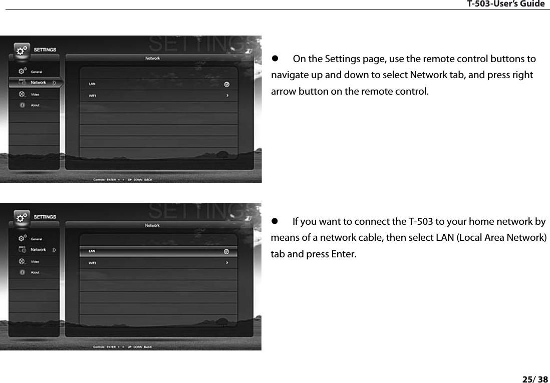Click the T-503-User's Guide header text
click(505, 4)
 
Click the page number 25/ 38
click(535, 379)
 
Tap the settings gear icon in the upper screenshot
click(21, 51)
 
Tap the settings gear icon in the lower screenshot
click(21, 218)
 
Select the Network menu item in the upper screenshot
click(38, 83)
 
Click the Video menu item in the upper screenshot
click(35, 94)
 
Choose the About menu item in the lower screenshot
click(35, 272)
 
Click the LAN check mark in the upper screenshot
click(226, 84)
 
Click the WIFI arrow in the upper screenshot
click(227, 96)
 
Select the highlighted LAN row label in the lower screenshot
click(93, 251)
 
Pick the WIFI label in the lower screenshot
click(93, 263)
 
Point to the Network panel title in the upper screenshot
click(153, 59)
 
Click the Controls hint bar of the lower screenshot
click(123, 346)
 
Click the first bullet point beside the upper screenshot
click(274, 60)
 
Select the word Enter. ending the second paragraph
click(344, 254)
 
